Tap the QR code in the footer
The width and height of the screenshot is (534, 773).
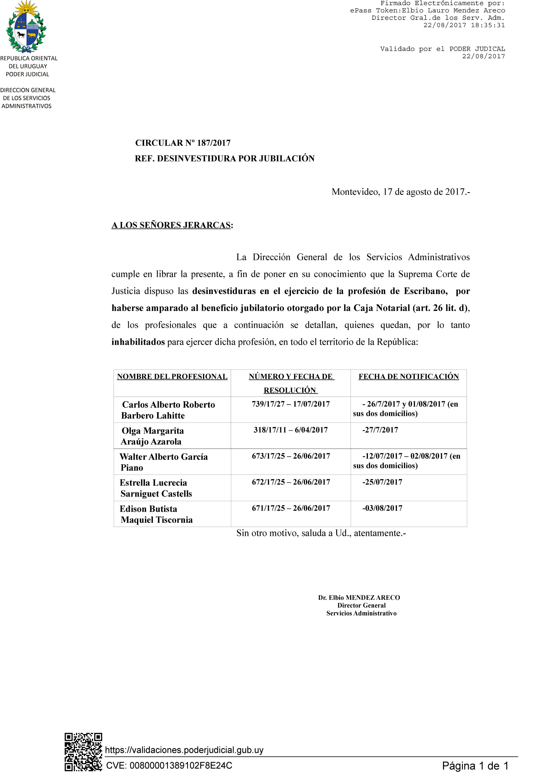[x=83, y=752]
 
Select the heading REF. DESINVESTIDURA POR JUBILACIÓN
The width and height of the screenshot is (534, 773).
[x=225, y=158]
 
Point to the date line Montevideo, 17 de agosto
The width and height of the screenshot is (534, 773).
[x=401, y=192]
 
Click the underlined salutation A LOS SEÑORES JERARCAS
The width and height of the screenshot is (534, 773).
[x=171, y=225]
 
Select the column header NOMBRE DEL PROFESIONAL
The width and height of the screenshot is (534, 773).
[x=172, y=377]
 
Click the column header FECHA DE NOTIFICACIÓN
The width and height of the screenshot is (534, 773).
[x=409, y=377]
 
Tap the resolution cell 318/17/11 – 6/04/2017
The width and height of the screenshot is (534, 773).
[x=290, y=430]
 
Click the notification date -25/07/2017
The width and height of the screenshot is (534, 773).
[x=382, y=482]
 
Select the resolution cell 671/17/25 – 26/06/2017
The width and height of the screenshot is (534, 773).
[x=291, y=508]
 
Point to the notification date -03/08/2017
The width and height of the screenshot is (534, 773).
[x=382, y=508]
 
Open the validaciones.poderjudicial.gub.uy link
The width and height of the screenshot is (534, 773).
[x=184, y=750]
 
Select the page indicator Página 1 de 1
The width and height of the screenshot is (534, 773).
[x=475, y=766]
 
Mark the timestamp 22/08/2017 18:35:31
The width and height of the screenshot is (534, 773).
[x=464, y=25]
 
